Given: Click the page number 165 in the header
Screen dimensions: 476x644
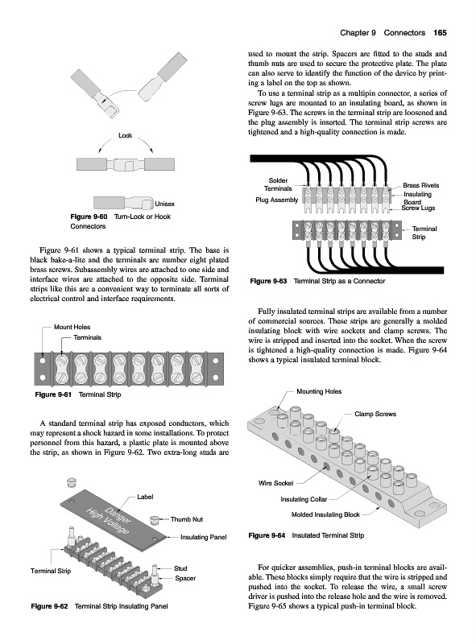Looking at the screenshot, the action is pos(440,33).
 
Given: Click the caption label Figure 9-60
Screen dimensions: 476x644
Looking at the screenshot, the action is pos(89,217).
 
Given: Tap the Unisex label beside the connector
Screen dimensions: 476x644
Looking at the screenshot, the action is pos(165,204).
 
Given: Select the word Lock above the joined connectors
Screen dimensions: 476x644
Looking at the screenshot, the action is pos(126,135).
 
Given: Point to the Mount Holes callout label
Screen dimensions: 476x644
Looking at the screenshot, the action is pos(72,327).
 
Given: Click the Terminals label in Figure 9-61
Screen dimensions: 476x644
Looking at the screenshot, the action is pos(87,337).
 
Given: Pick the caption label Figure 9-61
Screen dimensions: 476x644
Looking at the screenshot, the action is pos(53,394).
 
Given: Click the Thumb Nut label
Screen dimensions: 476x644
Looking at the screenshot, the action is pos(187,519).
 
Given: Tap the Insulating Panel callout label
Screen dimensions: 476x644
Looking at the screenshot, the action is pos(204,537).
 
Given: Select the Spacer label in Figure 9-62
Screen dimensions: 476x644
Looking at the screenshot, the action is pos(185,578).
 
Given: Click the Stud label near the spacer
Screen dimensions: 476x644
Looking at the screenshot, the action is pos(180,568).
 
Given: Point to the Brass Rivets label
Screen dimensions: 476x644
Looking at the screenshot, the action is pos(421,185).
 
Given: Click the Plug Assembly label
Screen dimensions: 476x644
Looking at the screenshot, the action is pos(276,200).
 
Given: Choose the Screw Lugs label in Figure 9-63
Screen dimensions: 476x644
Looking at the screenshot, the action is pos(418,208).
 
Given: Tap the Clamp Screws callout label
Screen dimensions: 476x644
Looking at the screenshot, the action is pos(375,414).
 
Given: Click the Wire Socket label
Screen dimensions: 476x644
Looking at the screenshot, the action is pos(275,483).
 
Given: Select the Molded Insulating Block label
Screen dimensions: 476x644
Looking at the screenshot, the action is pos(325,514).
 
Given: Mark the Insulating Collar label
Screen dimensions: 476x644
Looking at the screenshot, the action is pos(304,499).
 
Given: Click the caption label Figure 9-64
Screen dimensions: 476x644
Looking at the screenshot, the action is pos(267,535).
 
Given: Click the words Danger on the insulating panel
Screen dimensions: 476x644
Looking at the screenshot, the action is pos(118,515).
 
